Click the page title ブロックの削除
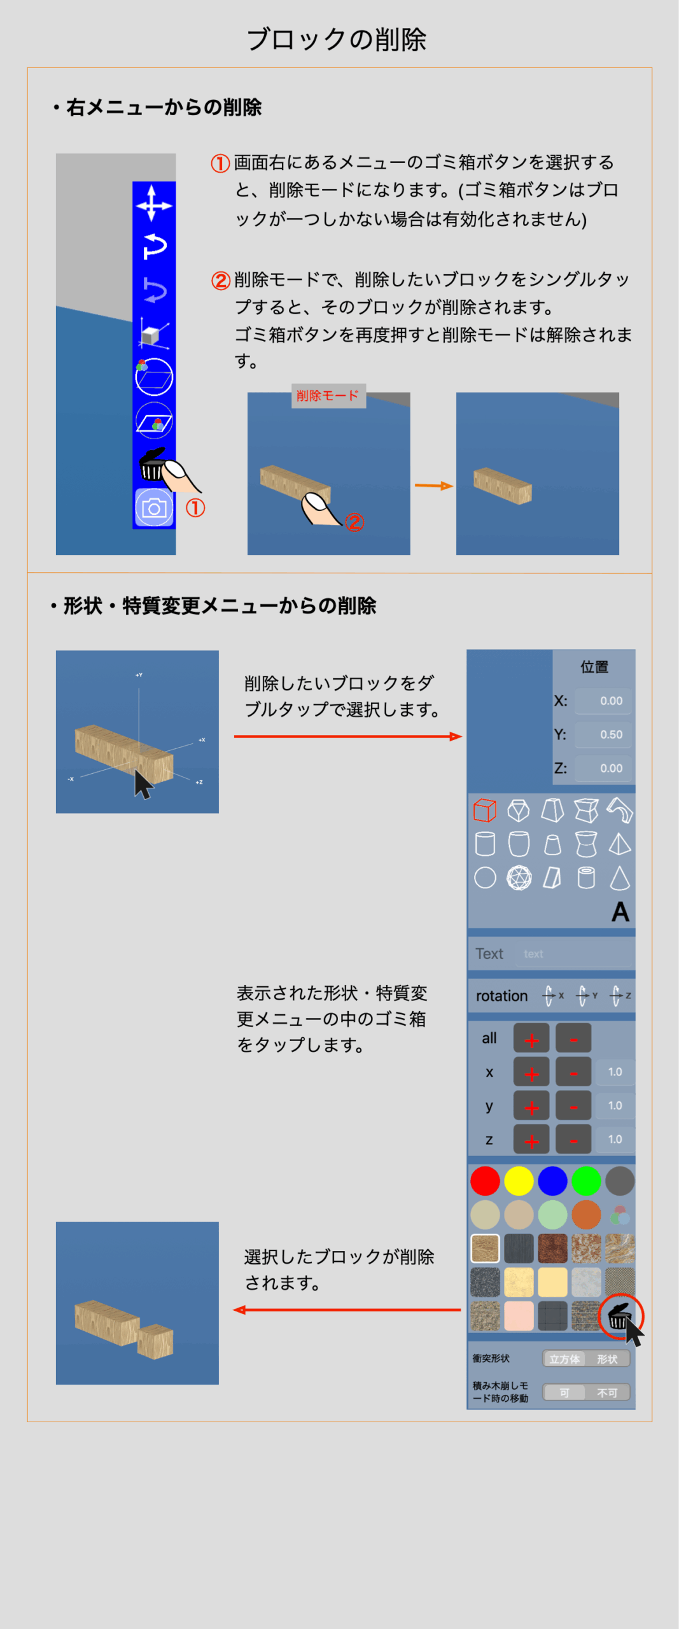[336, 39]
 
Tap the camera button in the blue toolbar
[153, 508]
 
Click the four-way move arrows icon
[153, 204]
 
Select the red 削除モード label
[328, 396]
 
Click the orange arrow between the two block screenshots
[433, 486]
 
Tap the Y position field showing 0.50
[603, 734]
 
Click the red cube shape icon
[485, 811]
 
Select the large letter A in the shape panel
[620, 912]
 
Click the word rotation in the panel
[501, 996]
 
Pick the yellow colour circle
[519, 1181]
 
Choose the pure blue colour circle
[552, 1181]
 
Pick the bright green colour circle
[586, 1181]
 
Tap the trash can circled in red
[620, 1315]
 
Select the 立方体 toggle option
[564, 1359]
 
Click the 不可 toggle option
[607, 1393]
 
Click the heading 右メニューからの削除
[164, 108]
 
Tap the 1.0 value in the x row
[615, 1072]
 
